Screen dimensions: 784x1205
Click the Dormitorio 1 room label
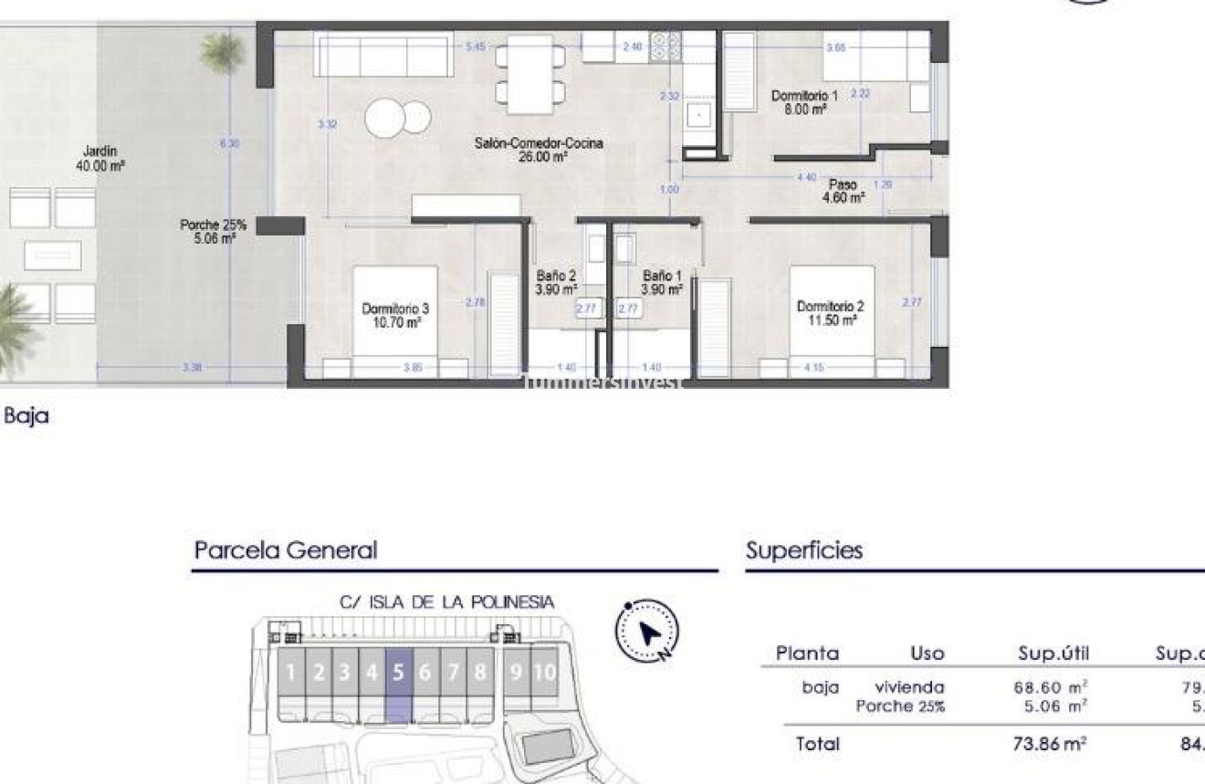tap(804, 101)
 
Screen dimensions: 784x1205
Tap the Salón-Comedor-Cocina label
tap(539, 150)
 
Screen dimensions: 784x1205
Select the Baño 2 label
tap(556, 282)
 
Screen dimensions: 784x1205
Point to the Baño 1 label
tap(662, 282)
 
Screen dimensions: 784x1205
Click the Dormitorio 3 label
tap(390, 315)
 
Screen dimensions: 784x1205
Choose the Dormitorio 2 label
tap(824, 313)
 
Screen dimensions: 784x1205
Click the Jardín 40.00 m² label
tap(100, 159)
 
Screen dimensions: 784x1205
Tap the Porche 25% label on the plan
tap(213, 231)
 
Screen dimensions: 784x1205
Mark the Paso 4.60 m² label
tap(843, 191)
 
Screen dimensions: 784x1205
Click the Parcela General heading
tap(285, 550)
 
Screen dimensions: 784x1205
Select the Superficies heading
tap(803, 550)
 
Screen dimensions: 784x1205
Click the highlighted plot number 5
tap(398, 674)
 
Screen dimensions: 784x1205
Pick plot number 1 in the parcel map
tap(290, 674)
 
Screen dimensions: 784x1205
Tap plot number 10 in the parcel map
tap(544, 674)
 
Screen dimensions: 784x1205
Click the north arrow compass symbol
tap(648, 631)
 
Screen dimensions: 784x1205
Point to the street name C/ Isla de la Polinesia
tap(446, 602)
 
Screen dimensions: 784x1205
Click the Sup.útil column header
tap(1053, 653)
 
